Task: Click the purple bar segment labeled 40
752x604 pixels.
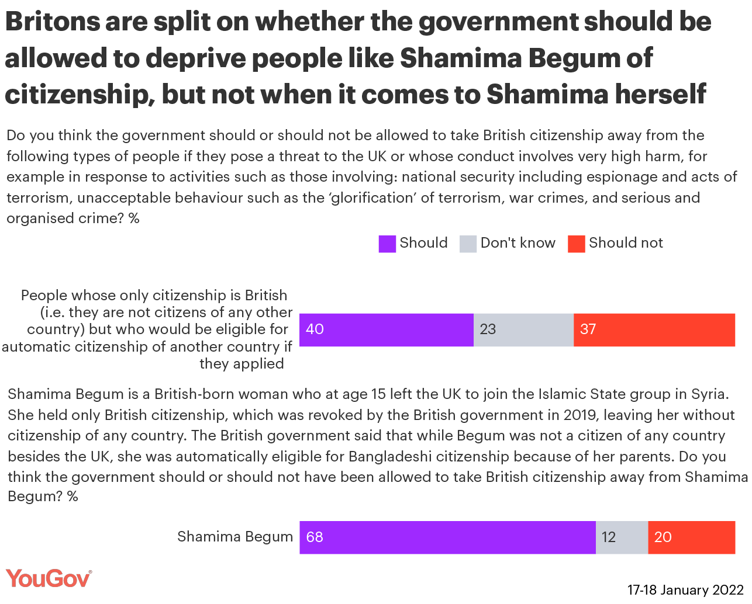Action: (x=386, y=330)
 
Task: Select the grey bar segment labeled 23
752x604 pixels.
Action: (x=523, y=330)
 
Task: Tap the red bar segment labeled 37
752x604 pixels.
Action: (x=654, y=330)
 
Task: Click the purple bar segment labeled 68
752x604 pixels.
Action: (x=447, y=537)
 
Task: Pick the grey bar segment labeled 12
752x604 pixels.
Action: (x=622, y=537)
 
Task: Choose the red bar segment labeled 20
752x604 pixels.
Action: (x=691, y=537)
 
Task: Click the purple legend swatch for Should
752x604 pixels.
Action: (x=387, y=244)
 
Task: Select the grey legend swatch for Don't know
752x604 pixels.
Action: (x=468, y=244)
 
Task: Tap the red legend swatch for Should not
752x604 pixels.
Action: (x=576, y=244)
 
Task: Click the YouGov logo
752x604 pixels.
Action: (x=49, y=579)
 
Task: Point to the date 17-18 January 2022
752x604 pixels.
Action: (x=685, y=590)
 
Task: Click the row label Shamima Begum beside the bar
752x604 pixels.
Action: (x=235, y=537)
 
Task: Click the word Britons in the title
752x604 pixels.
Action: (x=53, y=22)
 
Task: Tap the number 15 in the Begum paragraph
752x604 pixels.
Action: (x=379, y=394)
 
